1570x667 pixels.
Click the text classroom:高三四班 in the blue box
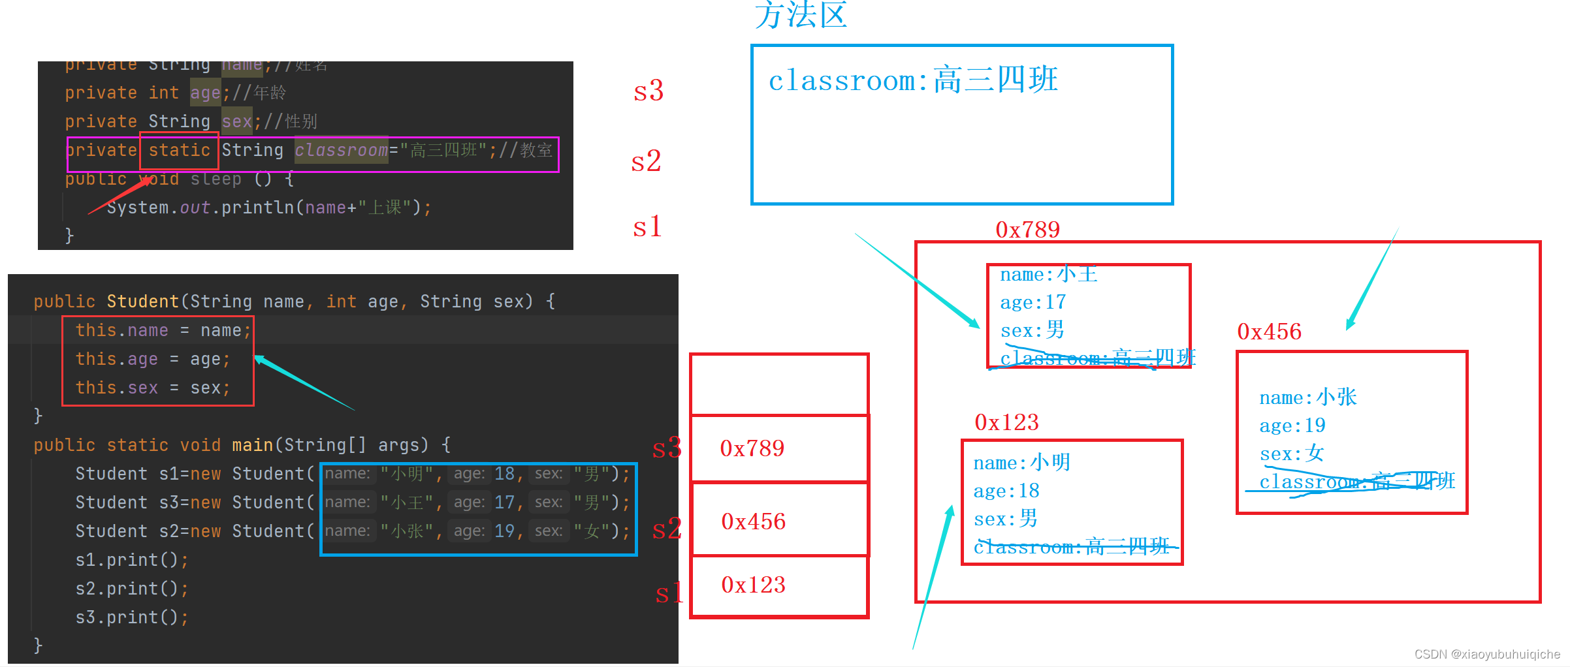click(x=912, y=81)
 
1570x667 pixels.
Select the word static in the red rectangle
click(x=179, y=151)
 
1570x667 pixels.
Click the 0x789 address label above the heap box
click(x=1027, y=230)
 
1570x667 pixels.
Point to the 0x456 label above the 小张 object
click(x=1269, y=332)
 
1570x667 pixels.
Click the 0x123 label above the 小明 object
click(x=1006, y=422)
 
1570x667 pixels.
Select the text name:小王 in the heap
click(x=1048, y=274)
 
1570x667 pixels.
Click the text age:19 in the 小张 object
click(x=1292, y=426)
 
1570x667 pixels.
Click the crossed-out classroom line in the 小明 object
click(x=1071, y=547)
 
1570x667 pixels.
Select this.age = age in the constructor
click(x=152, y=359)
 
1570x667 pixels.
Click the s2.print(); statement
click(x=132, y=589)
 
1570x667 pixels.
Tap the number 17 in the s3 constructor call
click(x=504, y=503)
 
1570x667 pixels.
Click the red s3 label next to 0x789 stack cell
click(x=667, y=448)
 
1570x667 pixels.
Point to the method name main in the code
click(x=252, y=445)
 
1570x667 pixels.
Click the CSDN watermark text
click(x=1486, y=654)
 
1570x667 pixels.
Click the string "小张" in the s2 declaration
click(x=407, y=531)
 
